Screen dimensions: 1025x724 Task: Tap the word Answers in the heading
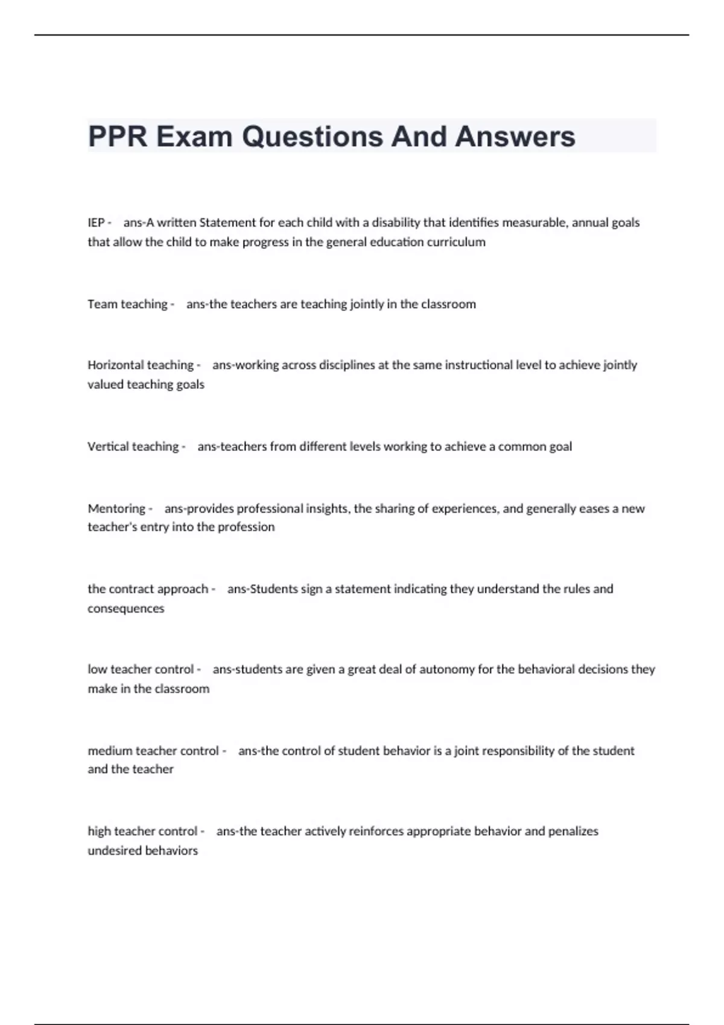coord(515,136)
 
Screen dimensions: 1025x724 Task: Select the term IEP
coord(96,222)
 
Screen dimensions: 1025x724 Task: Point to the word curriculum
coord(456,242)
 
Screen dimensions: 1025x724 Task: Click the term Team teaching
coord(127,304)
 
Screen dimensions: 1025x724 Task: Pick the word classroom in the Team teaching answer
coord(448,304)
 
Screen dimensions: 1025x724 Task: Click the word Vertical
coord(107,447)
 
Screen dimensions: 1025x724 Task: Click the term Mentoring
coord(116,508)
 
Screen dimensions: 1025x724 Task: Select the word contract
coord(132,589)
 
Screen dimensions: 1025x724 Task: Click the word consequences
coord(125,609)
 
